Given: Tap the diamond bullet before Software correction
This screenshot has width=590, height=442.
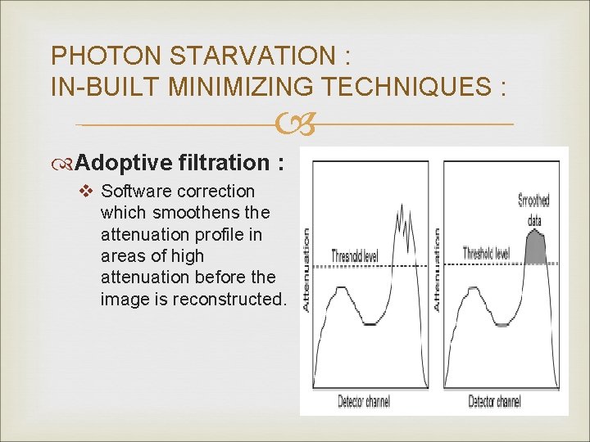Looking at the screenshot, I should tap(90, 192).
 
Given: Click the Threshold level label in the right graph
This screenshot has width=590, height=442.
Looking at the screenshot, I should tap(486, 253).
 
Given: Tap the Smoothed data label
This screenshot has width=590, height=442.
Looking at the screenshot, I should tap(534, 209).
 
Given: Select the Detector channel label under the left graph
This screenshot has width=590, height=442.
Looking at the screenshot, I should tap(364, 401).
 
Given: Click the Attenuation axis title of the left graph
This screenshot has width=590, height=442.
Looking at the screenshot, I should tap(306, 269).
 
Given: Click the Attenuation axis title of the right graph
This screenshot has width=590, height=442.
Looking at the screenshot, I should tap(438, 269).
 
